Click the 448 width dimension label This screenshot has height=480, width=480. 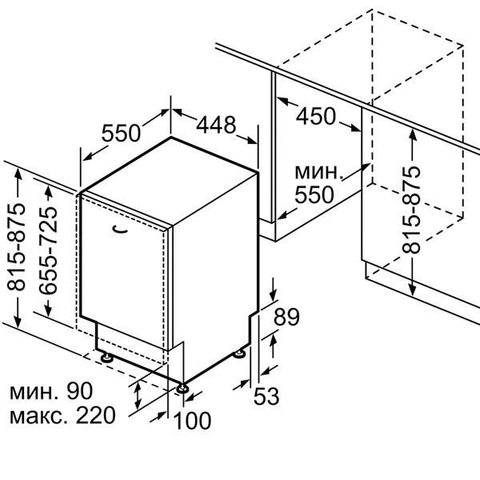click(217, 125)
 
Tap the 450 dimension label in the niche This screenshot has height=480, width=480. click(317, 116)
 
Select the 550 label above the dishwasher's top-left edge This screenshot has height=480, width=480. click(122, 134)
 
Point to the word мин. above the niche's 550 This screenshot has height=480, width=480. click(319, 172)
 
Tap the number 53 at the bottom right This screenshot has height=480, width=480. click(269, 394)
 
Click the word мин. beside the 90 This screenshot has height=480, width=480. click(37, 392)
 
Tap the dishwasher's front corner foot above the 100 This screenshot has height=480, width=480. click(185, 388)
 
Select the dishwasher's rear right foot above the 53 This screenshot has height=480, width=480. click(239, 354)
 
